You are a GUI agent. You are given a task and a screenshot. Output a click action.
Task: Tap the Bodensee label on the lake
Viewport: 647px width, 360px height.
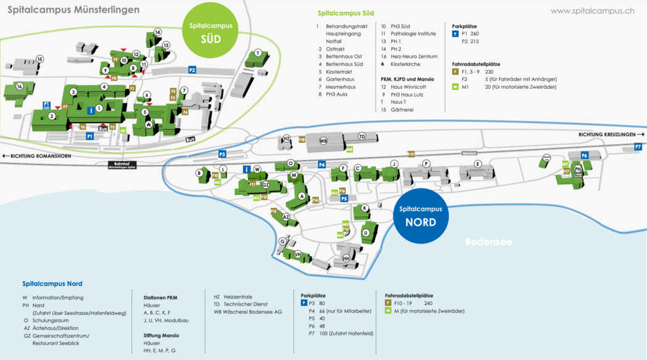488,242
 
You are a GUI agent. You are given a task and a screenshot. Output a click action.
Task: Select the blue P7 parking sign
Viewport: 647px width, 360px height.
638,147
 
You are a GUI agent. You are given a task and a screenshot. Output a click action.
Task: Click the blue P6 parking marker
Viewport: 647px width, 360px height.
584,155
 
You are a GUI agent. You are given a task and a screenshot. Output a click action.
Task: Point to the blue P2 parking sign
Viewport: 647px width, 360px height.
192,70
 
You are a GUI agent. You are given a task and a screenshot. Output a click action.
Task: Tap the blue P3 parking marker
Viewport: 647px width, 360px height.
222,154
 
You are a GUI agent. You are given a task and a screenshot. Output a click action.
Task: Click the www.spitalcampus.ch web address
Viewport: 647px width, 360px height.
592,10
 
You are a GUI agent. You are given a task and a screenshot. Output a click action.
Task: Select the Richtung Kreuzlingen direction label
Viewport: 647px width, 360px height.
611,134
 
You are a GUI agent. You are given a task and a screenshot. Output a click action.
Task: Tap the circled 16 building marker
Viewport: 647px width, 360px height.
20,86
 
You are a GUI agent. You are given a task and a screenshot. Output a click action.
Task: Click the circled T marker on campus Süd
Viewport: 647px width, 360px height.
258,52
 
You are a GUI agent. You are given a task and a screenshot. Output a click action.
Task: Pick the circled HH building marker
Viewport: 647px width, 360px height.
346,258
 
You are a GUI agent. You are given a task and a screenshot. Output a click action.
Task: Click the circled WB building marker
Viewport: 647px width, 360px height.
323,141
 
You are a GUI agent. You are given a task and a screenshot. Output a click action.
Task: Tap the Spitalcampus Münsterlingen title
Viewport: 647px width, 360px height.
73,10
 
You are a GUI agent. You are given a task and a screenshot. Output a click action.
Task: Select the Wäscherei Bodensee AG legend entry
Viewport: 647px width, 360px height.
247,312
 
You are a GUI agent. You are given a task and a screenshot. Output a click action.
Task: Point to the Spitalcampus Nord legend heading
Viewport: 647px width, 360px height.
52,284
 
